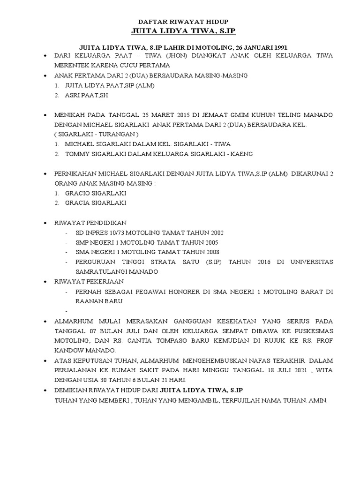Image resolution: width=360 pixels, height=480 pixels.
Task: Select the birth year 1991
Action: click(x=279, y=47)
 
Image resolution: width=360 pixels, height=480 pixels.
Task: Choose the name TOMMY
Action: click(x=78, y=154)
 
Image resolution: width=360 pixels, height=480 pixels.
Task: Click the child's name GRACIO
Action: click(x=78, y=193)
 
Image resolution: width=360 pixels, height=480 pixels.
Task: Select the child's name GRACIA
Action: click(x=78, y=203)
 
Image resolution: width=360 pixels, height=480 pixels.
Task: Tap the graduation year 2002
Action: click(x=215, y=232)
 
